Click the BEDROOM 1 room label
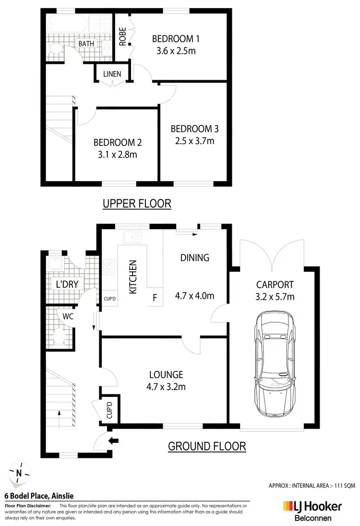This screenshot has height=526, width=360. pos(175,39)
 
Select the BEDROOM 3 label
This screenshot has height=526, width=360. pos(194,129)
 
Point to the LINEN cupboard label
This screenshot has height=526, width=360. pos(112,74)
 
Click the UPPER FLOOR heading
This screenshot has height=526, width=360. pos(137,204)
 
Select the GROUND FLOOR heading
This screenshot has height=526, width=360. pos(207,446)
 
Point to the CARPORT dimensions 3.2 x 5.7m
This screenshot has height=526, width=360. pos(275,296)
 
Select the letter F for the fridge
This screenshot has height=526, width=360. pos(155,297)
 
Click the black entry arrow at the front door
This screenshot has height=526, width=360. pos(114,440)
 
